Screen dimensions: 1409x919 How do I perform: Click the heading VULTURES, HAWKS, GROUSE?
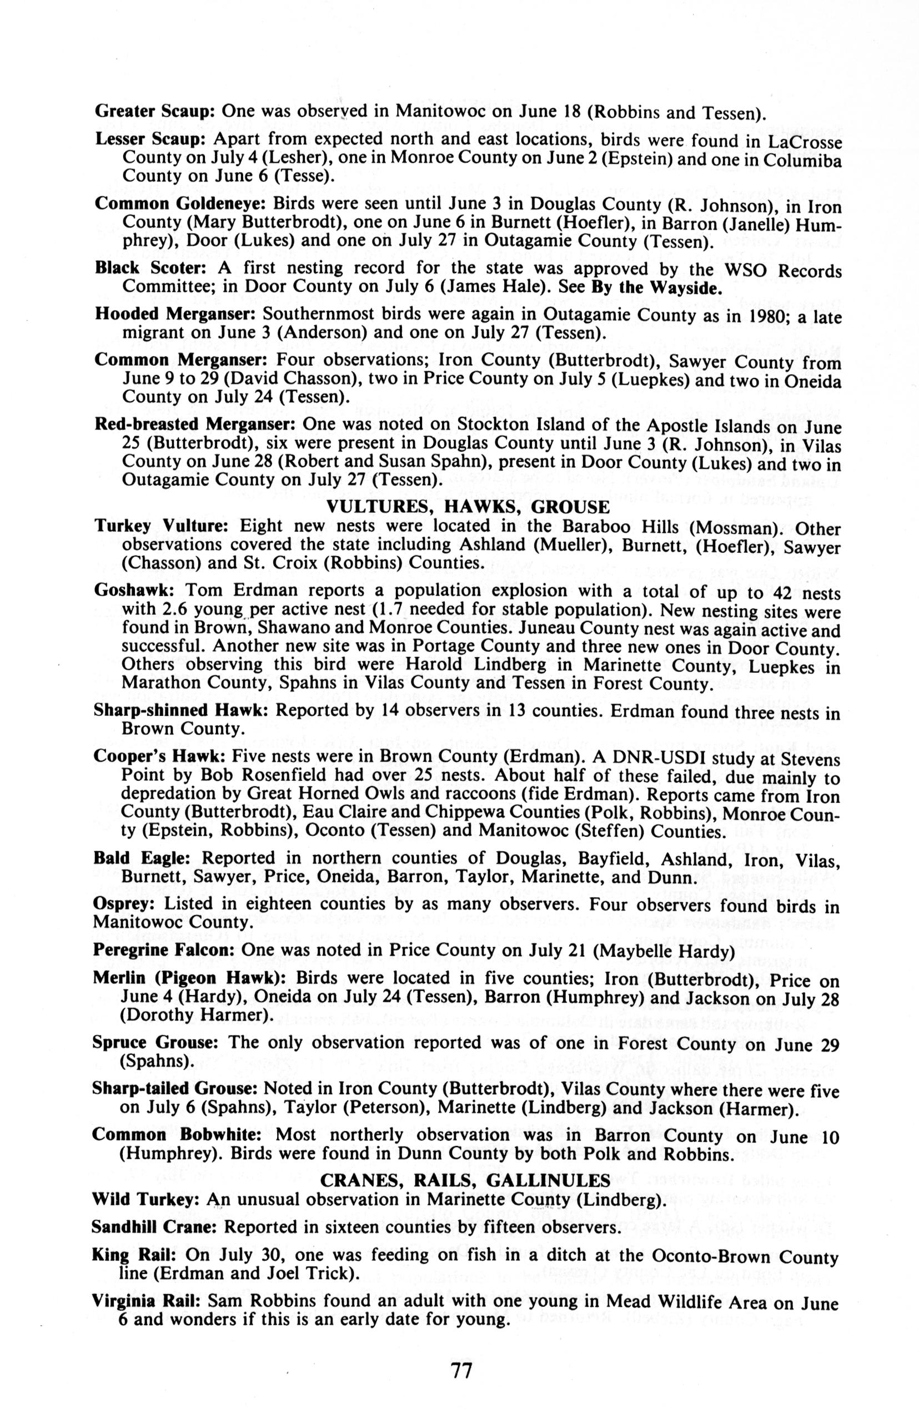click(468, 507)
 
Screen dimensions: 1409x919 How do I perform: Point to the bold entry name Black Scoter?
click(150, 268)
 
